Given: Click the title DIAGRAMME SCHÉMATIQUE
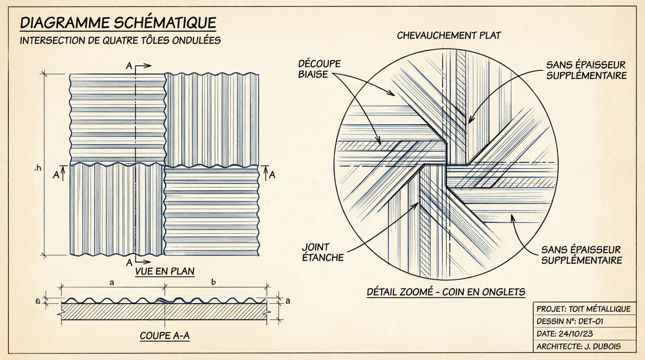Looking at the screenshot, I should click(118, 23).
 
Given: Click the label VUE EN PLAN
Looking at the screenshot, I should click(164, 271).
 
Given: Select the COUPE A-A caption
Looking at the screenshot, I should click(164, 337).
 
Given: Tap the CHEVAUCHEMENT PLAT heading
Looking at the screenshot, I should click(449, 36).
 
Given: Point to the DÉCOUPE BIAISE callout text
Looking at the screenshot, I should click(320, 69).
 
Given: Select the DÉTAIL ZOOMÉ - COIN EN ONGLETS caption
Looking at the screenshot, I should click(446, 291).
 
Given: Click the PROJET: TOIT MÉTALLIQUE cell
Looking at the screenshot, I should click(583, 309).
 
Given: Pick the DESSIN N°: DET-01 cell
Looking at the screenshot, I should click(571, 321).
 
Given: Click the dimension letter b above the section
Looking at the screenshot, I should click(213, 282).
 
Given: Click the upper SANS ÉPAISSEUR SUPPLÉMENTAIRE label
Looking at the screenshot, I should click(586, 70).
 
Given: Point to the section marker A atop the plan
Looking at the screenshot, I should click(128, 67).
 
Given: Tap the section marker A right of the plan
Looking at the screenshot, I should click(272, 174).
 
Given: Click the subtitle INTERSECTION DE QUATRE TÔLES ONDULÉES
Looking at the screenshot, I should click(120, 40).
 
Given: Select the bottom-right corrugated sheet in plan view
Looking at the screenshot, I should click(212, 211).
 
